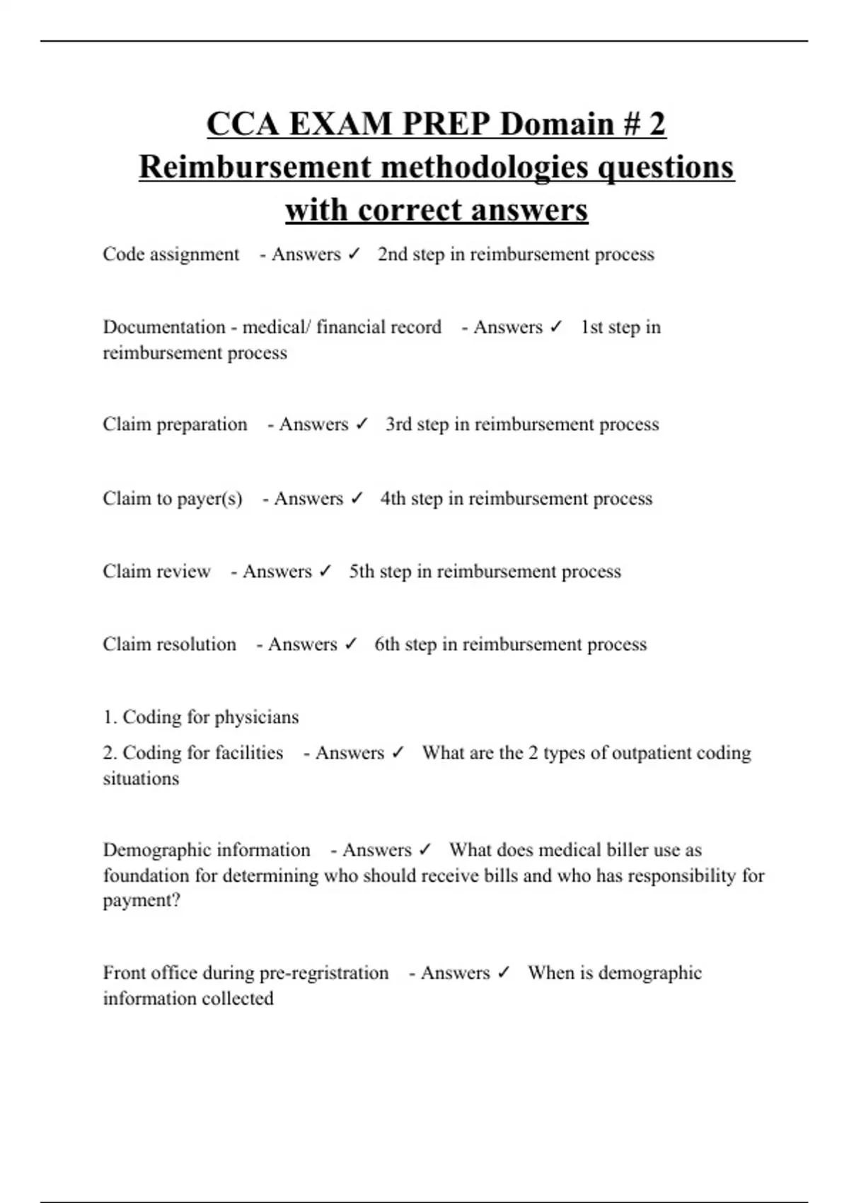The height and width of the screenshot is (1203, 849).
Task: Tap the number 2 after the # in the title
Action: point(657,124)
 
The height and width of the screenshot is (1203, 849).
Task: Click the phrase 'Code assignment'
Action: point(171,254)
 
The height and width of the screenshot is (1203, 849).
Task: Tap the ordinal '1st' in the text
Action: point(591,327)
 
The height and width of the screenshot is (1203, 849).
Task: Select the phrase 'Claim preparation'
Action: point(175,424)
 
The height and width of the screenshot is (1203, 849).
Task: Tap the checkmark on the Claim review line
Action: point(325,571)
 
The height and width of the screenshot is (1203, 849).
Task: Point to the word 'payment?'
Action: point(141,901)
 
